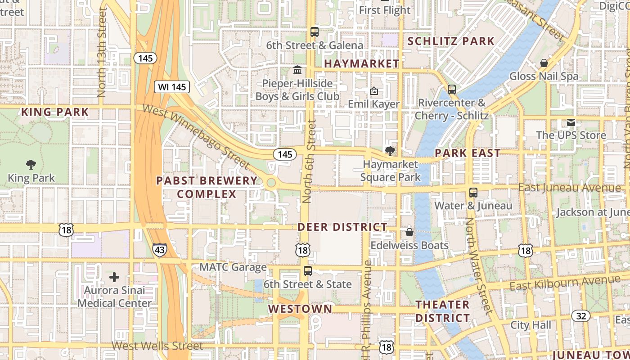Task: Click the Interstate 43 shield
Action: [x=160, y=250]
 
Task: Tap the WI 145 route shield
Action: [x=172, y=87]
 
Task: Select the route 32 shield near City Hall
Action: [x=581, y=316]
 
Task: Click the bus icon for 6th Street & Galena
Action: [x=315, y=32]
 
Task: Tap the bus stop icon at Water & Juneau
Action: [x=473, y=193]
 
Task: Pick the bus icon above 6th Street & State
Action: [x=308, y=271]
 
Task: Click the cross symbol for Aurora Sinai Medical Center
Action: [x=114, y=277]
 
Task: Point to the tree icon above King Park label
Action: [x=31, y=164]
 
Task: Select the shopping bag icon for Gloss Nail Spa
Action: [x=544, y=63]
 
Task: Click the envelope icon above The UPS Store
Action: [x=571, y=122]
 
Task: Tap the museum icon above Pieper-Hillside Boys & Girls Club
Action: [x=297, y=70]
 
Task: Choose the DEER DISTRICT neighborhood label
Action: [x=342, y=227]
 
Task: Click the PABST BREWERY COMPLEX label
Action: [x=207, y=187]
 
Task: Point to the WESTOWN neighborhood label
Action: [x=300, y=309]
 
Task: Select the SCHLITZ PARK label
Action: [x=451, y=41]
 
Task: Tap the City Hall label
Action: [x=531, y=325]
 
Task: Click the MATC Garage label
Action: [x=233, y=267]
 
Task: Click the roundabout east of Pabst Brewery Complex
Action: [x=271, y=183]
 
